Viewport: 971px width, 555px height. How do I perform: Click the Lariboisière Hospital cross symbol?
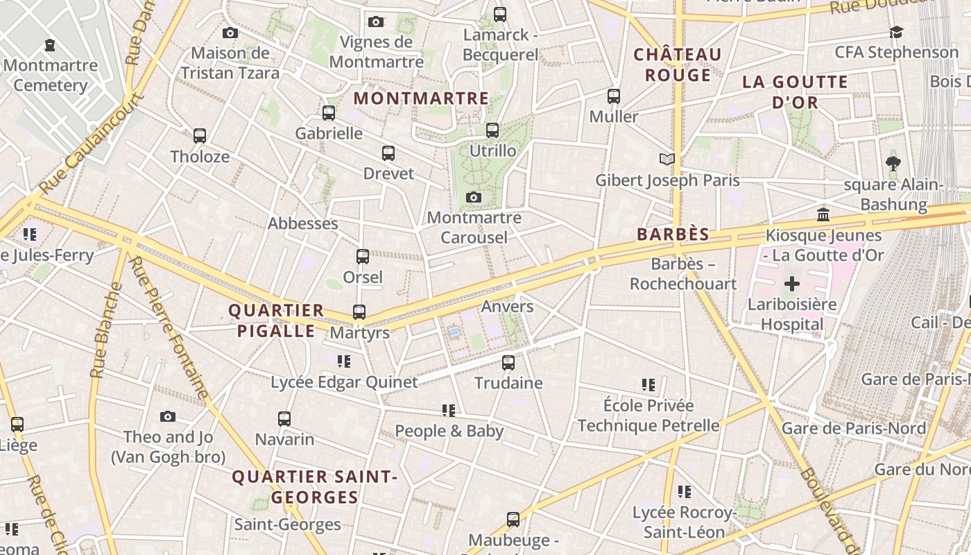(x=791, y=283)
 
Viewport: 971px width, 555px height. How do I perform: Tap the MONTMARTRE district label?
(x=421, y=99)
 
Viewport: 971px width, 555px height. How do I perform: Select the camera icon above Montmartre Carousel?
(x=474, y=198)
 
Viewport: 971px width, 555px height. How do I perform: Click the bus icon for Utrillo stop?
(x=492, y=130)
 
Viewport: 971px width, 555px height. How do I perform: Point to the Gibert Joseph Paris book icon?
(x=667, y=160)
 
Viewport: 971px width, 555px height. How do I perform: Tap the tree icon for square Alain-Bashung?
(x=893, y=164)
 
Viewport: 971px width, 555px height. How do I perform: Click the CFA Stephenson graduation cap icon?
(x=896, y=32)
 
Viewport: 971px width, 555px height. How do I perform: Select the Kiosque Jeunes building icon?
(x=823, y=214)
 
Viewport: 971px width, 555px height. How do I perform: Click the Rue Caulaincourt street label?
(x=92, y=144)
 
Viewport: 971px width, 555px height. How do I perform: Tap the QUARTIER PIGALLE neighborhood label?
(x=277, y=321)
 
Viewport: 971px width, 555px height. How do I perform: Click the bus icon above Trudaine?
(x=508, y=362)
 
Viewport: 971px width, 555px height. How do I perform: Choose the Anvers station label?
(x=508, y=307)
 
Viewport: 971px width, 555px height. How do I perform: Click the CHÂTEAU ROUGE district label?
(x=678, y=65)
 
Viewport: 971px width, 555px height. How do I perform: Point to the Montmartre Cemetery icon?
(x=50, y=45)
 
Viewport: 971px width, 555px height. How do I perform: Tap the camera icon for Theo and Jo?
(x=168, y=417)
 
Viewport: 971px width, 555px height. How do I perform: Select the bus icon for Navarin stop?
(x=284, y=419)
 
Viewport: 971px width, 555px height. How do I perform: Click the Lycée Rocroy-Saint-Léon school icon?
(x=685, y=492)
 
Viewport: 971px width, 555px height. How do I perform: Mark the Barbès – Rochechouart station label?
(x=683, y=274)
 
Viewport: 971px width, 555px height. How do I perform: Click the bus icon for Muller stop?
(x=614, y=96)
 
